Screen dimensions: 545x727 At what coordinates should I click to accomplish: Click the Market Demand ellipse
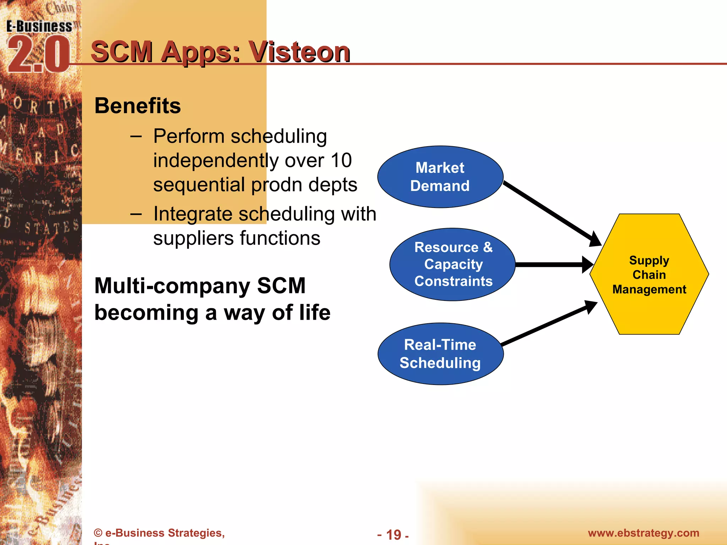tap(440, 177)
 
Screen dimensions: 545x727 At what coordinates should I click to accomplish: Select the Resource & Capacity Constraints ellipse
tap(453, 264)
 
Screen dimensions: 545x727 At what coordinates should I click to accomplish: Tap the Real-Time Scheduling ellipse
tap(440, 354)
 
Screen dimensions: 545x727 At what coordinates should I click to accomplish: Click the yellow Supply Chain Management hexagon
tap(649, 274)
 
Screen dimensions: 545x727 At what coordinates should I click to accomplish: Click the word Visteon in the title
tap(299, 52)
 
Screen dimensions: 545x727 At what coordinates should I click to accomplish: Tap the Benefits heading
tap(138, 106)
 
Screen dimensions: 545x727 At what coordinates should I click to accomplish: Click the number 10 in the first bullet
tap(341, 160)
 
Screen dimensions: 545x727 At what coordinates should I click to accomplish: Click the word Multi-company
tap(172, 286)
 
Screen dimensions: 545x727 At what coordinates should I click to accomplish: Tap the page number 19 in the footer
tap(393, 535)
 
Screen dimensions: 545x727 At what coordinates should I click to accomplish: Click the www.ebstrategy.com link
tap(643, 533)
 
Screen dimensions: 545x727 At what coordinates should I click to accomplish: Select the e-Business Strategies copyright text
tap(159, 533)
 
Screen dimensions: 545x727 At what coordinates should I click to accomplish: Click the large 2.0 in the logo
tap(38, 55)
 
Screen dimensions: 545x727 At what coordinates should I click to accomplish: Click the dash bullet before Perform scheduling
tap(136, 137)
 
